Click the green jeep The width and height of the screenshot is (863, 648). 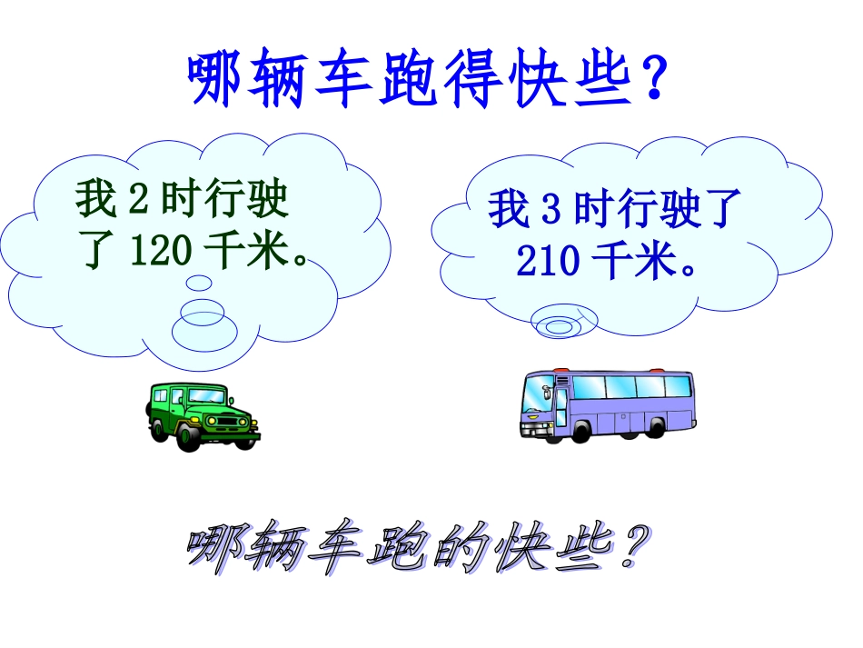pyautogui.click(x=202, y=414)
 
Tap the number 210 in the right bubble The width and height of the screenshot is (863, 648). pyautogui.click(x=548, y=262)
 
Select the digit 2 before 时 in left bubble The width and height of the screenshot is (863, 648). pyautogui.click(x=139, y=201)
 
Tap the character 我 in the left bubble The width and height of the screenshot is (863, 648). pyautogui.click(x=97, y=201)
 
